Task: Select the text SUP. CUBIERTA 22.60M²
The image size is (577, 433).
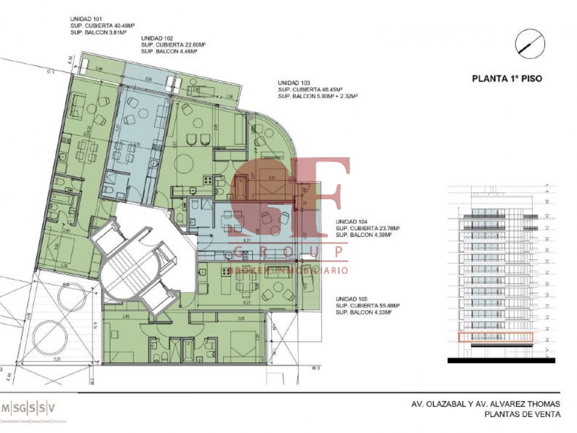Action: pyautogui.click(x=173, y=45)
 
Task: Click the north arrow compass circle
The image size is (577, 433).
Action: pyautogui.click(x=530, y=43)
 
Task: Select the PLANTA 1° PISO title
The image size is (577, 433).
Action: pyautogui.click(x=507, y=78)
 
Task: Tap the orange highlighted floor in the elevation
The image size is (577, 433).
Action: pyautogui.click(x=495, y=337)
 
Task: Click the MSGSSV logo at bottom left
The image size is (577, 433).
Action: pyautogui.click(x=28, y=408)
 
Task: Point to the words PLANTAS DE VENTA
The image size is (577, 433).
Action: pyautogui.click(x=522, y=414)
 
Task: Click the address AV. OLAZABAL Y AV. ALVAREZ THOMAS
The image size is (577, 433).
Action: pyautogui.click(x=485, y=404)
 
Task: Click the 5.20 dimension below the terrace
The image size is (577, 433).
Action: pyautogui.click(x=57, y=360)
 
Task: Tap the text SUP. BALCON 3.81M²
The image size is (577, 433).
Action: pyautogui.click(x=98, y=33)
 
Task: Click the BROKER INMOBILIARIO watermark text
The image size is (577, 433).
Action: pyautogui.click(x=288, y=270)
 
